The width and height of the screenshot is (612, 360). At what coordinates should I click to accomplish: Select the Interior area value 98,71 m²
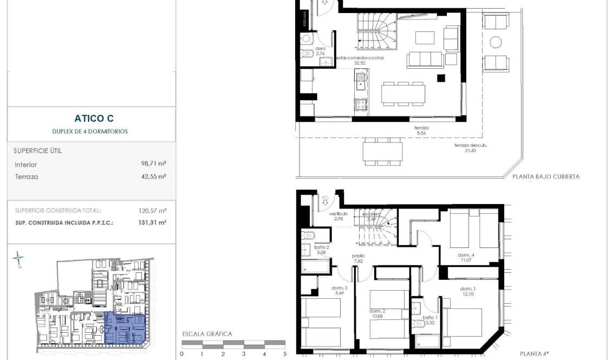click(153, 164)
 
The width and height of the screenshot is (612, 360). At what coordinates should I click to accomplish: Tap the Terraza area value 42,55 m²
click(153, 176)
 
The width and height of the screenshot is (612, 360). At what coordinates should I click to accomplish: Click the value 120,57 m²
click(153, 211)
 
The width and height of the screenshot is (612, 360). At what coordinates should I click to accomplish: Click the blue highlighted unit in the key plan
click(125, 329)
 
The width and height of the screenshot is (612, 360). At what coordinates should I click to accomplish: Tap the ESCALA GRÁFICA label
click(207, 334)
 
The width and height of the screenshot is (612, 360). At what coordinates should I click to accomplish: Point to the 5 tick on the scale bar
click(285, 354)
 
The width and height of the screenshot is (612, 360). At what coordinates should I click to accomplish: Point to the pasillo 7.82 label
click(358, 258)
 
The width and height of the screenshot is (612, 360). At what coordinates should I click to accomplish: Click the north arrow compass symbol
click(19, 259)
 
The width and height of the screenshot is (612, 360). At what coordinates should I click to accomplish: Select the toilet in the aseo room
click(307, 39)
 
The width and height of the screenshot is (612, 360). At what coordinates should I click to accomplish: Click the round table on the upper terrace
click(496, 42)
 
